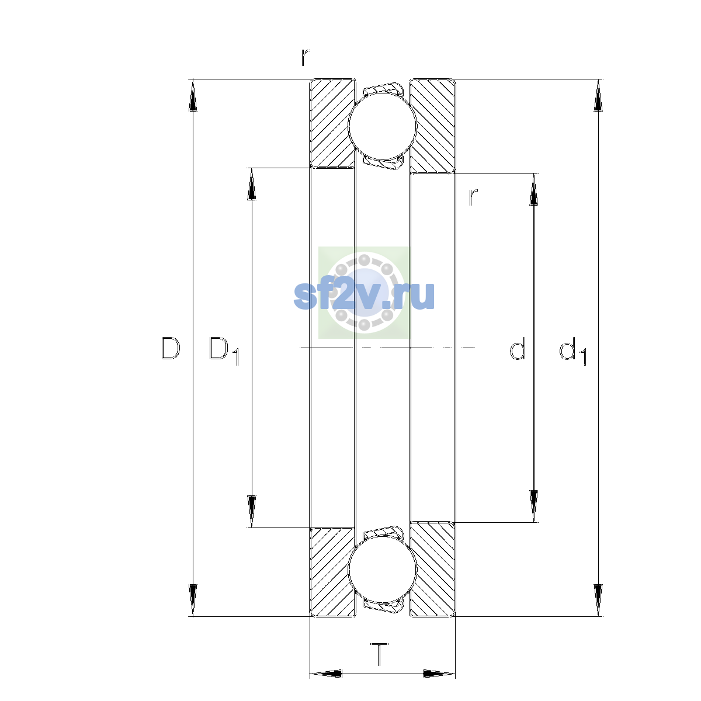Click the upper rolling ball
[x=382, y=126]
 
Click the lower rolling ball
[x=382, y=570]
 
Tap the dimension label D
[x=171, y=349]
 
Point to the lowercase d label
[x=518, y=349]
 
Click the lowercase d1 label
[x=572, y=351]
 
